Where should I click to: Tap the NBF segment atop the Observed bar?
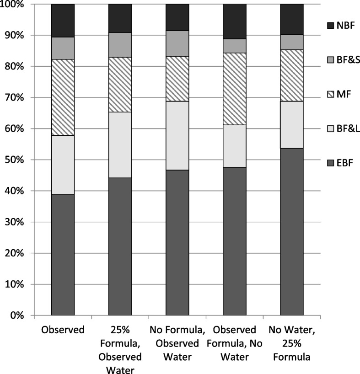[63, 21]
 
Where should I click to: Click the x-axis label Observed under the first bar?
[63, 329]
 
